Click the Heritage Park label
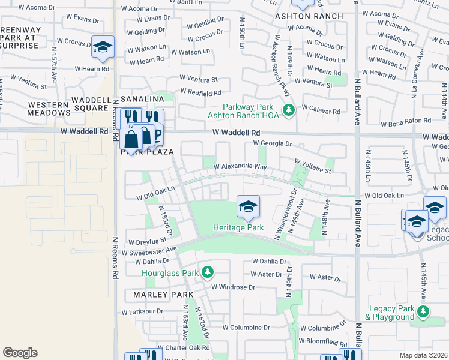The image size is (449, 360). tap(238, 228)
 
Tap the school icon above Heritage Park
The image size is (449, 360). tap(247, 206)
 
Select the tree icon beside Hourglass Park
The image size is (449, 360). tap(208, 273)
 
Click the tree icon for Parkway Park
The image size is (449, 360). tap(289, 110)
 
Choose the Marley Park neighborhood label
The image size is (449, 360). tap(159, 295)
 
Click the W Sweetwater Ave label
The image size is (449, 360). tap(149, 250)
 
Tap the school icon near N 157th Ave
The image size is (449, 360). tap(103, 47)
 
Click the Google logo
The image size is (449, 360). tap(20, 353)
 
